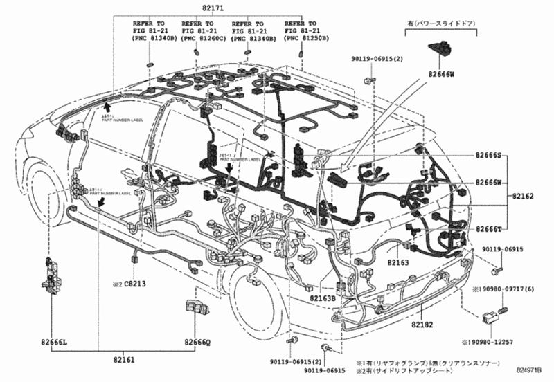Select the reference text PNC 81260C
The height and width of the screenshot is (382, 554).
tap(202, 38)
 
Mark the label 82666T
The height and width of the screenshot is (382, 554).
tap(490, 229)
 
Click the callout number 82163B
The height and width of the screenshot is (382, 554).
tap(322, 298)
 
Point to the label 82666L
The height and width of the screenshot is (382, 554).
tap(53, 342)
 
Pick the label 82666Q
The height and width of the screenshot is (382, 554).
tap(197, 342)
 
